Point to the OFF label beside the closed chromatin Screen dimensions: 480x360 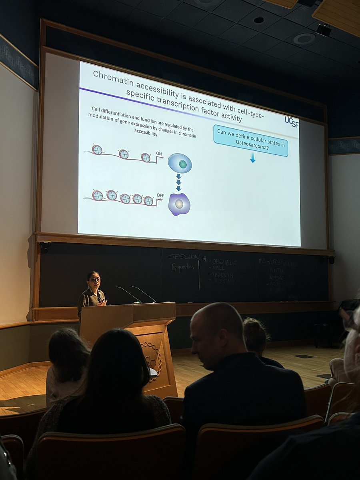coord(160,196)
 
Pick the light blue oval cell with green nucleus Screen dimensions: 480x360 coord(180,163)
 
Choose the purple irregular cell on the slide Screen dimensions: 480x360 coord(179,204)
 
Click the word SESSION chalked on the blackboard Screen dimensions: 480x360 coord(184,256)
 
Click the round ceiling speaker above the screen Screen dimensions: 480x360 coord(304,39)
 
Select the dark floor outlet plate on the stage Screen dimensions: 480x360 coord(304,356)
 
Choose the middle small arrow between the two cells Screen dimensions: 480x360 coord(178,182)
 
